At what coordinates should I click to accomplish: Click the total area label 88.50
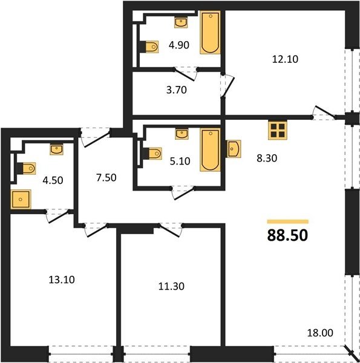(x=287, y=235)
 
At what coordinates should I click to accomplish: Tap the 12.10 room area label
(x=285, y=59)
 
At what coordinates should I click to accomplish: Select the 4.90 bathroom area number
(x=179, y=45)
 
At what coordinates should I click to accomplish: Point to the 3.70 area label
(x=177, y=90)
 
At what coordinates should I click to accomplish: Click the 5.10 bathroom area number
(x=180, y=161)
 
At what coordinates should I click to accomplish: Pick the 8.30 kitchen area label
(x=267, y=159)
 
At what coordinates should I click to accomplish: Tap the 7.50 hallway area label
(x=106, y=178)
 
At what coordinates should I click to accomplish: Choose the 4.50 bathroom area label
(x=53, y=180)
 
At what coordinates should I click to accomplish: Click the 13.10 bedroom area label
(x=62, y=280)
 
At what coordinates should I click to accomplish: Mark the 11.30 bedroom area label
(x=171, y=286)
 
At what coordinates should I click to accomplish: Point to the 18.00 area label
(x=320, y=333)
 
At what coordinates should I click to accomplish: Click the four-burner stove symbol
(x=278, y=130)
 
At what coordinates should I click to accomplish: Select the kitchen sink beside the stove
(x=233, y=149)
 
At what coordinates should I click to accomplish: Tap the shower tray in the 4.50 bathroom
(x=21, y=199)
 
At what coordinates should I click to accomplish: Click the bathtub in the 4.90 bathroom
(x=210, y=33)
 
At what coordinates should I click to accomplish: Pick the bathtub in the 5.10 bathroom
(x=210, y=150)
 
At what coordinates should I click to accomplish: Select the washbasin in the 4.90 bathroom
(x=181, y=23)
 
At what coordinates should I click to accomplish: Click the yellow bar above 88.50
(x=287, y=221)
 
